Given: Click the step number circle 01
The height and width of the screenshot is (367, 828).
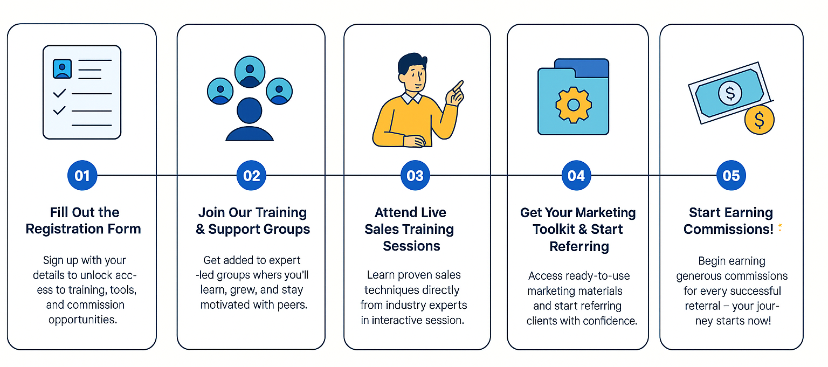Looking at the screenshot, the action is tap(82, 176).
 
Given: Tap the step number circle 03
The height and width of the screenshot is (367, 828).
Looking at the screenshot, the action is tap(415, 176).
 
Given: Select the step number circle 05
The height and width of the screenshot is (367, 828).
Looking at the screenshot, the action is tap(731, 176).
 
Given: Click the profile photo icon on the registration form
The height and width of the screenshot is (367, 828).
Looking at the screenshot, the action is tap(62, 69).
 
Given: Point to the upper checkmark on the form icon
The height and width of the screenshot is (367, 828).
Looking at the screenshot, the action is tap(59, 93).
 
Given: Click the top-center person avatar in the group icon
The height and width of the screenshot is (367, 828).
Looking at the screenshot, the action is tap(250, 72).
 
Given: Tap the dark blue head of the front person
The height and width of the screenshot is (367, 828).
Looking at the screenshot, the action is tap(250, 110).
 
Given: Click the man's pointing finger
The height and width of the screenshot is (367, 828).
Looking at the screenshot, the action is tap(458, 86).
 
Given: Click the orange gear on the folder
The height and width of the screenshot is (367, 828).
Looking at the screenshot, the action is tap(574, 105).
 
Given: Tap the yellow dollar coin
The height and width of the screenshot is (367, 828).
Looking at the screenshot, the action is tap(759, 120).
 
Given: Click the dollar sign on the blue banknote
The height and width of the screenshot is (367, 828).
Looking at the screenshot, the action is tap(730, 93).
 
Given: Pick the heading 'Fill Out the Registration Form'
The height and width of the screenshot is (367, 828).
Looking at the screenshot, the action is tap(84, 220).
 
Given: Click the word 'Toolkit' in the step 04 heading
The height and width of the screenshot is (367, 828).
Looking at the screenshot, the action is tap(554, 230).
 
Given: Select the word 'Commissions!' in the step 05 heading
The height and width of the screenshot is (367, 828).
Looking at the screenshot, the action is tap(728, 230).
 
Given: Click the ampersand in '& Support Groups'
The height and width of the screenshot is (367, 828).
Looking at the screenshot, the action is tap(200, 230).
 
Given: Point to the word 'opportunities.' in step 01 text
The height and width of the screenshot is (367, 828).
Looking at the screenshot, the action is tap(83, 320).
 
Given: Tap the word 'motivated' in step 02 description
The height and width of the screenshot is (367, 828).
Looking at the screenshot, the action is tap(225, 305).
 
